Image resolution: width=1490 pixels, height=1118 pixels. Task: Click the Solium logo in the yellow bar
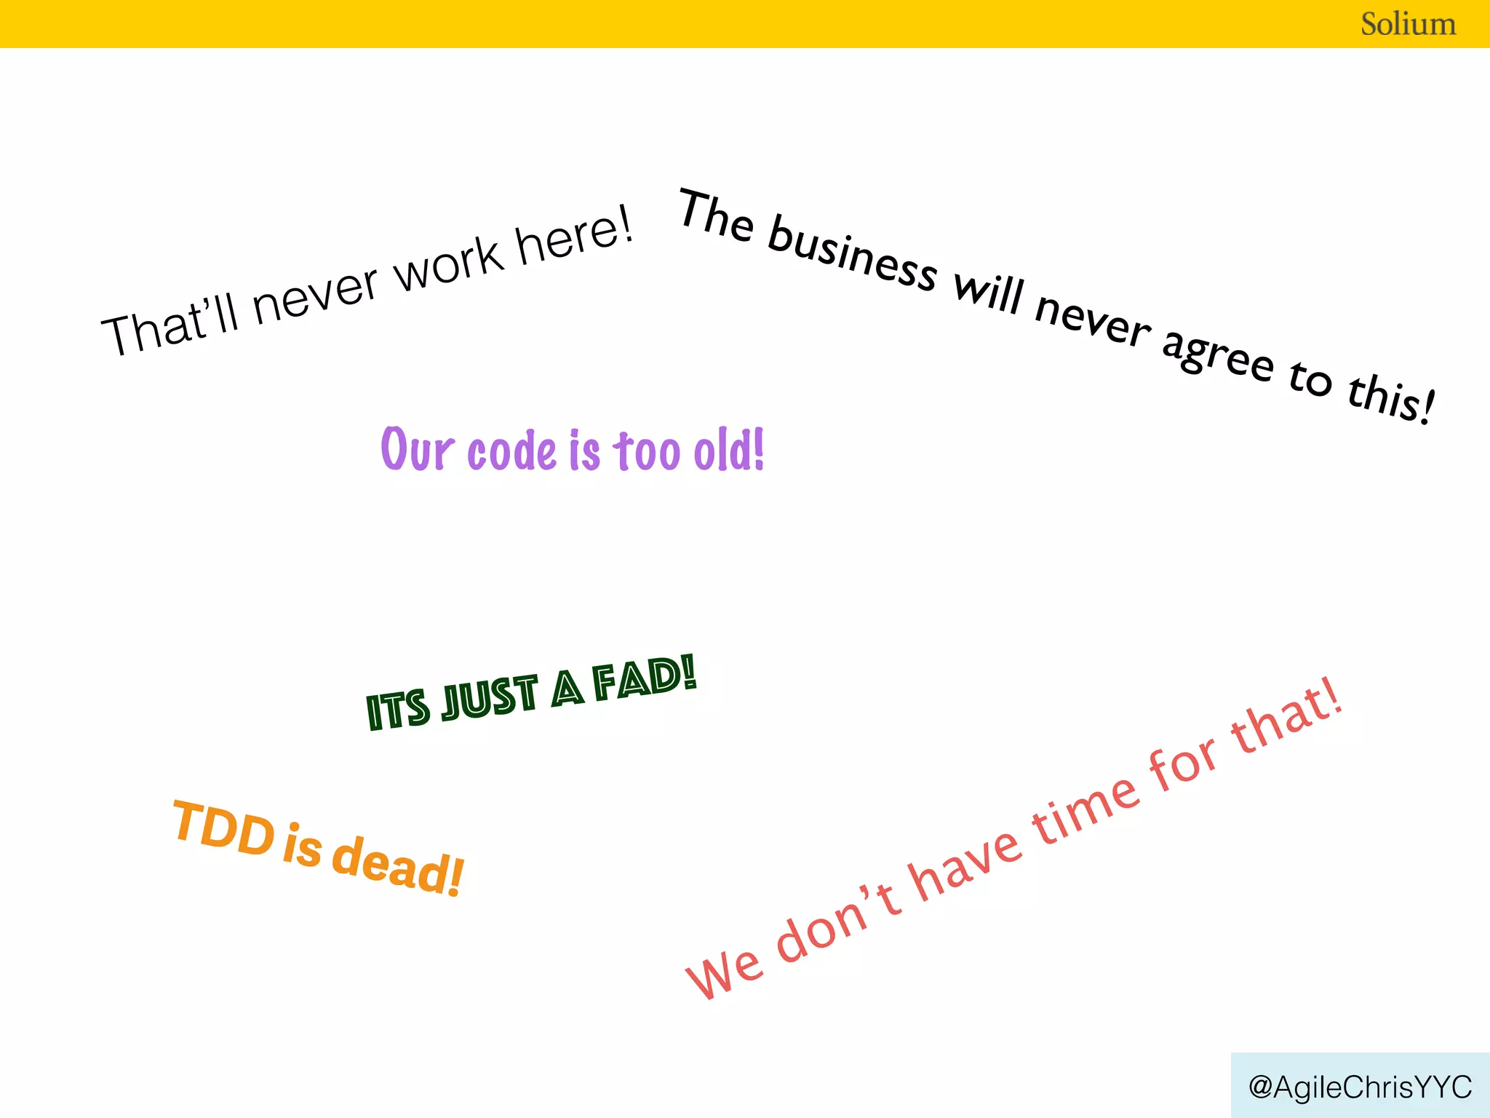(1408, 24)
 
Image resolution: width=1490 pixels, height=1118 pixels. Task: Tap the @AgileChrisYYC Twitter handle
(1360, 1087)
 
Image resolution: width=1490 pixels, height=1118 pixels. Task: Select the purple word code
(511, 451)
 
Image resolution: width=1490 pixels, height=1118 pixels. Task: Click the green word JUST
(490, 698)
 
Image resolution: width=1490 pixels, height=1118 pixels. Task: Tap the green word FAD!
(644, 679)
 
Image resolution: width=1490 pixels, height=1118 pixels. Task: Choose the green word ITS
(397, 710)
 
